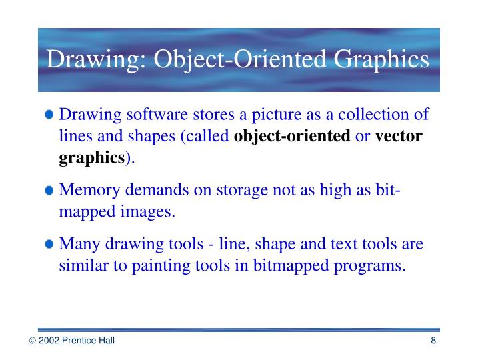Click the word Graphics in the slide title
coord(382,59)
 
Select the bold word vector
coord(399,137)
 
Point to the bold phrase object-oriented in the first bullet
coord(293,137)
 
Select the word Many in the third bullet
coord(76,244)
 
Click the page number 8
coord(433,341)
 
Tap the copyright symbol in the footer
coord(31,341)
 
